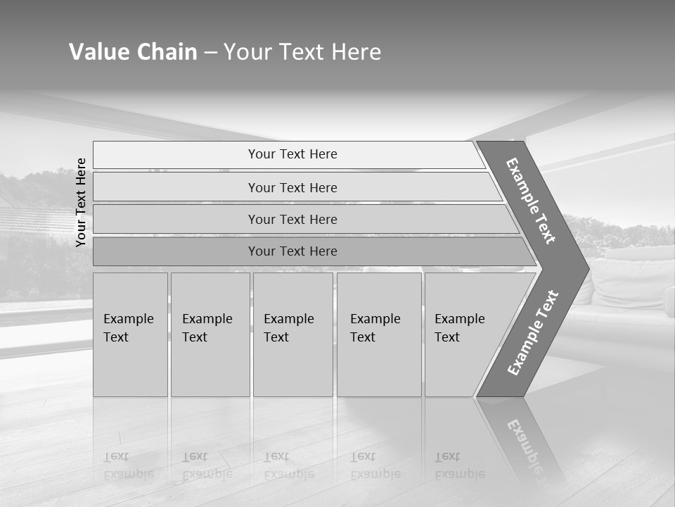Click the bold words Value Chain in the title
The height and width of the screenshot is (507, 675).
(x=133, y=52)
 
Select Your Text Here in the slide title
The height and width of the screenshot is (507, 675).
(x=302, y=52)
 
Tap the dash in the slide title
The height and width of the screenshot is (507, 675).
(x=210, y=53)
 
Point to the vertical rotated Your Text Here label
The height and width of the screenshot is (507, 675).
(x=82, y=202)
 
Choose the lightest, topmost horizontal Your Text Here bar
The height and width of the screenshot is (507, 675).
(x=292, y=154)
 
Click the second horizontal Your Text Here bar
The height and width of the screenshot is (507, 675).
(x=292, y=187)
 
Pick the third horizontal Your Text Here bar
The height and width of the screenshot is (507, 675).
(x=292, y=219)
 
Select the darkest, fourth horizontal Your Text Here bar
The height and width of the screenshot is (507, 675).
(x=292, y=251)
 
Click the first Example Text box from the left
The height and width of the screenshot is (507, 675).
(x=130, y=334)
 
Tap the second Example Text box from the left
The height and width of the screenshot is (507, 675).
(x=210, y=334)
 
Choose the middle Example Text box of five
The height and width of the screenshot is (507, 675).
(x=292, y=334)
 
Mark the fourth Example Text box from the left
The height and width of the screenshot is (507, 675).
(x=379, y=334)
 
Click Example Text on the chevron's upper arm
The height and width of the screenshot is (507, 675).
(x=531, y=201)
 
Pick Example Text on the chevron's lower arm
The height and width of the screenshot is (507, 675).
(x=532, y=333)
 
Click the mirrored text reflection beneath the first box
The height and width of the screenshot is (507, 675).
(x=128, y=465)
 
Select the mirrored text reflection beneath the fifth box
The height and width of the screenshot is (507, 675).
(x=459, y=465)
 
